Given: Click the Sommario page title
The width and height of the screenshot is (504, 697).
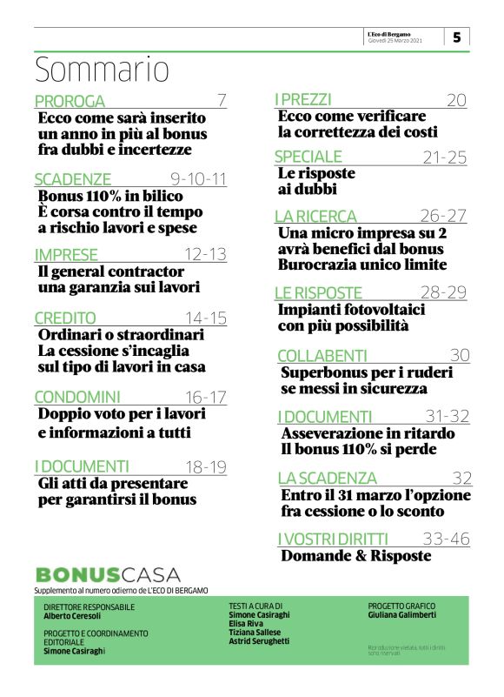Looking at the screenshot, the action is pos(102,69).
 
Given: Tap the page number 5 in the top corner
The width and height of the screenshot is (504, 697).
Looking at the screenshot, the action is pos(456,37).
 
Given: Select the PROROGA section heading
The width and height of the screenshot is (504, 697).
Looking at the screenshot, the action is pos(70,101).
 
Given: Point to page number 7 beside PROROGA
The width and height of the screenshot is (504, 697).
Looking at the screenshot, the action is pos(222,100).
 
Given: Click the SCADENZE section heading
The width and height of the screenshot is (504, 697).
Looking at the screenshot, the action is pos(73,179).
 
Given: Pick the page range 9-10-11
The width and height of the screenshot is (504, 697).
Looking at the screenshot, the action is pos(198,179).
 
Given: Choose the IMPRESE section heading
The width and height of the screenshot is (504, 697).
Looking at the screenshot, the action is pos(65,255).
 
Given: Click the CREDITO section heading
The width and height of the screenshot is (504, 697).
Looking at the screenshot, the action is pos(65,318).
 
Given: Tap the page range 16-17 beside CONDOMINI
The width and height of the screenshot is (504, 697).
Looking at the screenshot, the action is pos(206,398).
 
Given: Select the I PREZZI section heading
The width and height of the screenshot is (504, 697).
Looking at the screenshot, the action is pos(303,100).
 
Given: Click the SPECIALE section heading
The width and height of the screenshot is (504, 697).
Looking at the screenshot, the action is pos(308,157).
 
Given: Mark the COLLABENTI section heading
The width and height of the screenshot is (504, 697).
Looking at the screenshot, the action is pos(322,355).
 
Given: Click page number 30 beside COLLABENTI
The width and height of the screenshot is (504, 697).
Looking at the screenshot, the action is pos(460,355).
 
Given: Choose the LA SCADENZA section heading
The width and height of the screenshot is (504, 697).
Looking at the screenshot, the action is pos(328,478).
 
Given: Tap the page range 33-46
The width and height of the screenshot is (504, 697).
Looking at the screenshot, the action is pos(448,539).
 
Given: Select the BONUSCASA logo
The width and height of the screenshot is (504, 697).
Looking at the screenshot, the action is pos(108,574).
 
